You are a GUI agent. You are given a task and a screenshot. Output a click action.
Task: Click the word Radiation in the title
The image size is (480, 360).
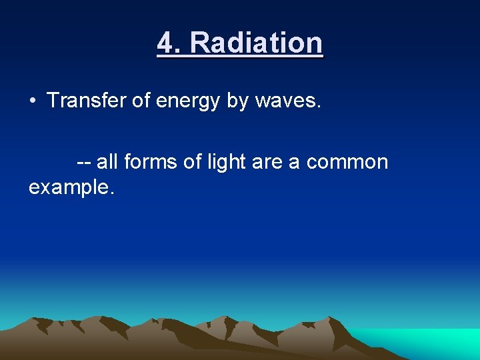pyautogui.click(x=257, y=43)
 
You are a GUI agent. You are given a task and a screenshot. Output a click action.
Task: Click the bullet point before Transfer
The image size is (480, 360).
pyautogui.click(x=32, y=101)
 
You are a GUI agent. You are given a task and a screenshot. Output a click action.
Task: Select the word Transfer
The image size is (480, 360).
pyautogui.click(x=82, y=101)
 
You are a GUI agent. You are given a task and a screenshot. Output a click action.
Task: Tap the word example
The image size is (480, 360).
pyautogui.click(x=69, y=187)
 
